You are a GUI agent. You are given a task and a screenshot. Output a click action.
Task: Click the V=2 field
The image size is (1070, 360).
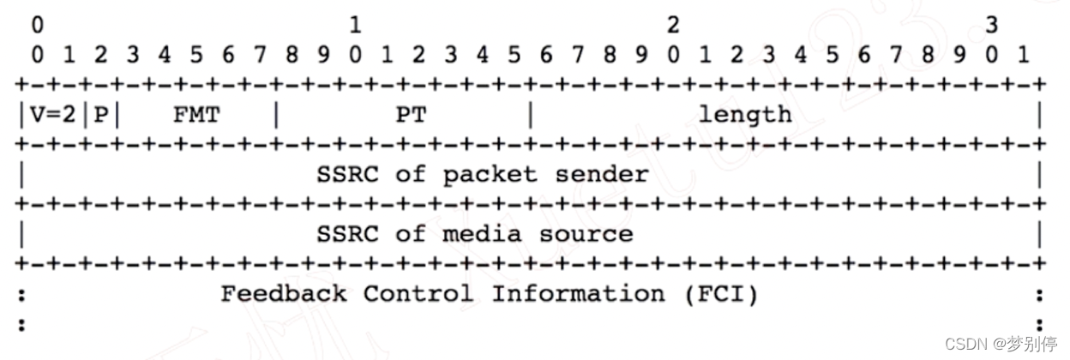click(x=53, y=115)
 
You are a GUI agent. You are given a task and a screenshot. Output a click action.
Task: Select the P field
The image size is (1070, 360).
click(x=101, y=115)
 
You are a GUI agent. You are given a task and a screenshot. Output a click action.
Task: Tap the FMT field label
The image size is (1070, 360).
click(x=196, y=115)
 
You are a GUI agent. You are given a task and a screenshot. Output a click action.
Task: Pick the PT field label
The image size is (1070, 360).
click(x=411, y=115)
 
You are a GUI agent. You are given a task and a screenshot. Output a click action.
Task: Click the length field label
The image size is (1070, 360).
click(x=745, y=114)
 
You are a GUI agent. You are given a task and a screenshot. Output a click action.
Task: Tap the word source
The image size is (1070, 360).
click(x=586, y=234)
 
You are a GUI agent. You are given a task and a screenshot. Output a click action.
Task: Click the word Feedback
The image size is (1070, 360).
click(x=284, y=294)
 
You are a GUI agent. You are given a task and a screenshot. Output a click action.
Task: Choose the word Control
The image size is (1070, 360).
click(x=418, y=294)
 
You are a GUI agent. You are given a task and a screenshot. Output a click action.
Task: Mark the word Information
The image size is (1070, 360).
click(x=578, y=294)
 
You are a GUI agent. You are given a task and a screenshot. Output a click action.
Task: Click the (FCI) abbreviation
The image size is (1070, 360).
click(x=722, y=294)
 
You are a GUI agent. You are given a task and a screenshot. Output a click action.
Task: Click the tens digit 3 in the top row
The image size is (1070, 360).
click(x=991, y=26)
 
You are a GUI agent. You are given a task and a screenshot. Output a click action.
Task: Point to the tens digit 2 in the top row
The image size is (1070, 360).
click(x=673, y=26)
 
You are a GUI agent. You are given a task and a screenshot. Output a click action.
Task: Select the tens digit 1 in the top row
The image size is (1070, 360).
click(x=355, y=26)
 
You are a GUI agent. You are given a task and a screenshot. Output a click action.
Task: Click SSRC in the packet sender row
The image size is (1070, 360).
click(x=347, y=174)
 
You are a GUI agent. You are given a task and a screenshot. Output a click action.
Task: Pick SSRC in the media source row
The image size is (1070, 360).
click(x=347, y=234)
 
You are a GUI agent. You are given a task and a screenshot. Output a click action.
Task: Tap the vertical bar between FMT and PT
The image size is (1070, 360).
click(x=276, y=115)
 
